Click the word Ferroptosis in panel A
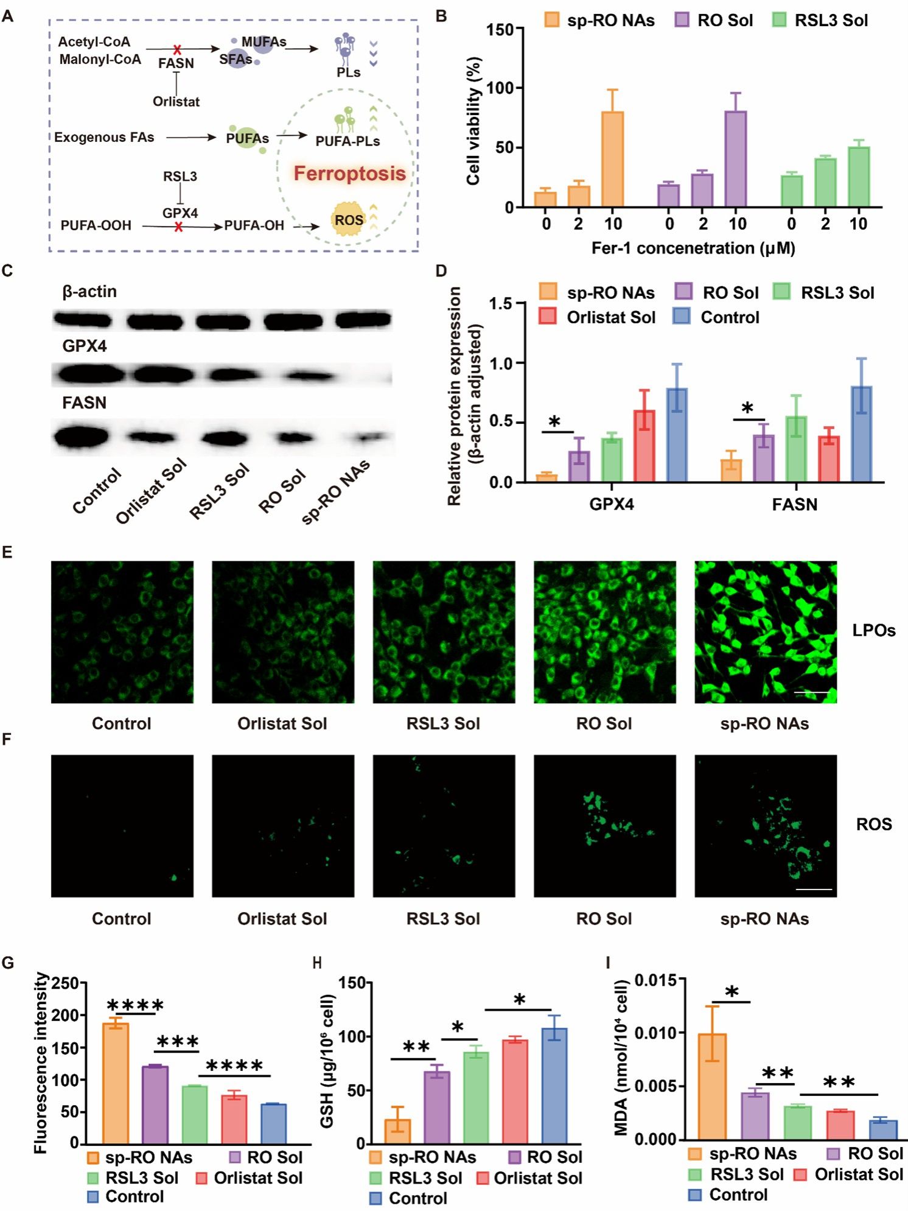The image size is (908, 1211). click(349, 174)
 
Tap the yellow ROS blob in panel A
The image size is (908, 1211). click(349, 220)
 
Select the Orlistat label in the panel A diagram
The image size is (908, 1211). click(176, 102)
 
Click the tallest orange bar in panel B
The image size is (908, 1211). click(612, 160)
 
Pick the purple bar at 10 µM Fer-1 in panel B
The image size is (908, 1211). click(736, 160)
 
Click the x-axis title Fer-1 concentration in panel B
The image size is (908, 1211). click(693, 248)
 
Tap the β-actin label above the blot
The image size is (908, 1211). click(89, 292)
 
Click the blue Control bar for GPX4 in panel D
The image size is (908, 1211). click(677, 435)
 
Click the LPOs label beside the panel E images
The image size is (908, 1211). click(873, 631)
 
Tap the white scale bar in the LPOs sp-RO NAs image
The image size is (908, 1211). click(811, 692)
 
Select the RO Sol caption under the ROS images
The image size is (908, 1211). click(604, 919)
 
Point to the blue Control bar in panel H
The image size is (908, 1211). click(554, 1086)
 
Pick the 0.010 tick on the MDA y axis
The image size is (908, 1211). click(656, 1033)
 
